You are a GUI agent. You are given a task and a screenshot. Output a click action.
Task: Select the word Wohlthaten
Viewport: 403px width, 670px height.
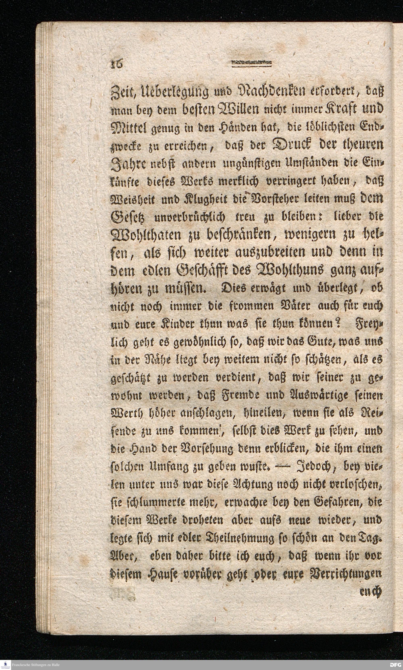coord(145,235)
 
